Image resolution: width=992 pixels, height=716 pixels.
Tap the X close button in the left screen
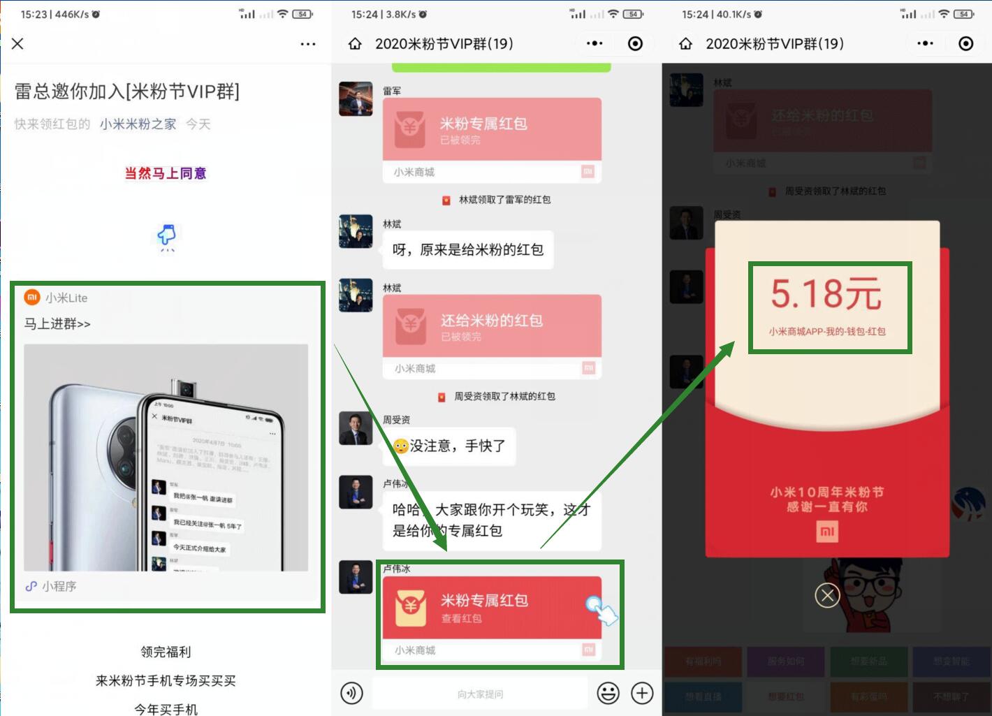pos(18,44)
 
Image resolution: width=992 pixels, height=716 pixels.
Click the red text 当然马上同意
pos(166,173)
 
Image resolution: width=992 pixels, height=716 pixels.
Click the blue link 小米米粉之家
pos(138,124)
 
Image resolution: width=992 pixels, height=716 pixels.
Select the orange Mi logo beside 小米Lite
pos(32,298)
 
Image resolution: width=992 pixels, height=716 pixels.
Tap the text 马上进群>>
pos(57,324)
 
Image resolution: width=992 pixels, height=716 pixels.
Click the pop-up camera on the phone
pos(187,388)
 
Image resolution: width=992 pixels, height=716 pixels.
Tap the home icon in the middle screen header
pos(355,44)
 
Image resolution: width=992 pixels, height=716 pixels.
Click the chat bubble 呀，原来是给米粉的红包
pos(467,250)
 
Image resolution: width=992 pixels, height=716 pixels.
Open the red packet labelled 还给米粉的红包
pos(491,326)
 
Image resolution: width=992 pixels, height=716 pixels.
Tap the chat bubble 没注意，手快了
pos(449,446)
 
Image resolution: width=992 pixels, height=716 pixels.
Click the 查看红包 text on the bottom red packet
pos(461,618)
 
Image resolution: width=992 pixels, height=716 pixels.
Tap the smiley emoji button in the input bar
pos(608,693)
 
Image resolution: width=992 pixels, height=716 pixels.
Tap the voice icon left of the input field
pos(351,693)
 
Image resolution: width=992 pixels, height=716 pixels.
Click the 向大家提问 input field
pos(480,694)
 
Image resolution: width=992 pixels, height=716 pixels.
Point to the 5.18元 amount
pos(826,293)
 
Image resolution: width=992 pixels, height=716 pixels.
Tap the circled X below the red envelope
pos(827,596)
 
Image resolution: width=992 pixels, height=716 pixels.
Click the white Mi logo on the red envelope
pos(827,532)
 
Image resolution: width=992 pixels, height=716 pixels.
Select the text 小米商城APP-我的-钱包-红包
pos(827,332)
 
